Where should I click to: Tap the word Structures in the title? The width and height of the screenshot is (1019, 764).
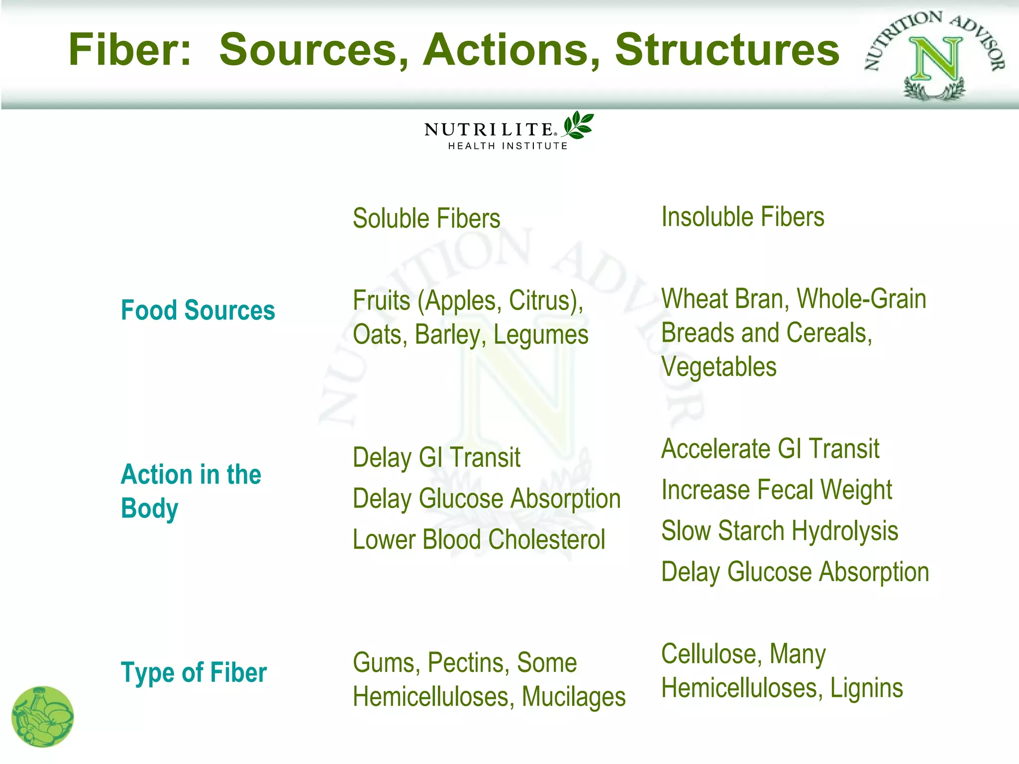727,50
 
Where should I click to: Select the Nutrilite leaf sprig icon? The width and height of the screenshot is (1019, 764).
578,125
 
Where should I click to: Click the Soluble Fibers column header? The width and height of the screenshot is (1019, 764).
426,218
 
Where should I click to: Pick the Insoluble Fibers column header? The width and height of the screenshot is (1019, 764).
742,217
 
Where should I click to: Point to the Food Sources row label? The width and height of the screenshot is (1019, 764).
198,310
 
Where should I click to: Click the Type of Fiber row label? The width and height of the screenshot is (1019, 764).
194,672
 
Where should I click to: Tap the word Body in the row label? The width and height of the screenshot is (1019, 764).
149,508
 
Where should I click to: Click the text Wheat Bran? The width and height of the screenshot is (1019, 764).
722,299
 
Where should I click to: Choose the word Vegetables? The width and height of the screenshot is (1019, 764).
718,367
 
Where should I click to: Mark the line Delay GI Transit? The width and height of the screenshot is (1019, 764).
436,457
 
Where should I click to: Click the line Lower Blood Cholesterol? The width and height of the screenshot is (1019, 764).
479,540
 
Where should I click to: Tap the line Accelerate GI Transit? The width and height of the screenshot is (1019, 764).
770,449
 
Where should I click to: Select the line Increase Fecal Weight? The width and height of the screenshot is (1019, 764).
776,490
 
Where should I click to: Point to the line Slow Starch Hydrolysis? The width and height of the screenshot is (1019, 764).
779,531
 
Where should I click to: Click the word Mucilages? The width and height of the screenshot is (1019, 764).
573,697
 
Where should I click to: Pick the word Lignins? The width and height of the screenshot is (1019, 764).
866,688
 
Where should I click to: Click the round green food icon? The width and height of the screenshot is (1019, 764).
42,717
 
